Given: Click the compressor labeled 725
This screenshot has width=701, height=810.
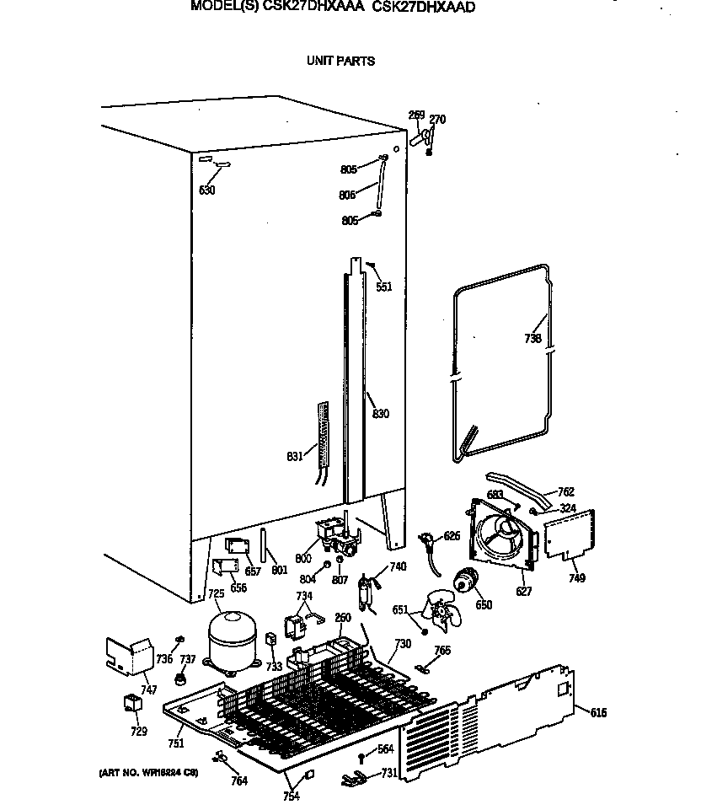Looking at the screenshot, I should (233, 641).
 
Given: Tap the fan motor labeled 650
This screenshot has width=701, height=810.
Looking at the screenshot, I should (464, 581).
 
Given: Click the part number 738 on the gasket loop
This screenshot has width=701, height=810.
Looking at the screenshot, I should (532, 339).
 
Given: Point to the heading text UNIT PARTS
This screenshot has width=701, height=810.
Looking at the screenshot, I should (340, 61).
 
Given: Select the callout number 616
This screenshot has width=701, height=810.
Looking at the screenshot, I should (597, 713).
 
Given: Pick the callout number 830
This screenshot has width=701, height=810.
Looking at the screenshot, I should (381, 414).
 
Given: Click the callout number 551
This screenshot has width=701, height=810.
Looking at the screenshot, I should (383, 287).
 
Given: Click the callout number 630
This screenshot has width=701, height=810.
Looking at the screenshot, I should (206, 190).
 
